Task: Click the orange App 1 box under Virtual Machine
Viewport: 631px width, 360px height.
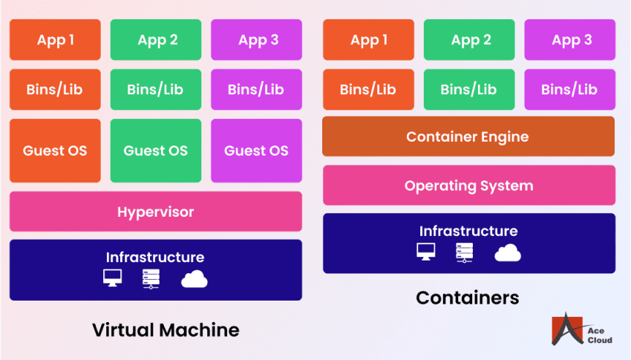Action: (x=55, y=40)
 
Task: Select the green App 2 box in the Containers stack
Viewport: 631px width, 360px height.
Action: (x=469, y=40)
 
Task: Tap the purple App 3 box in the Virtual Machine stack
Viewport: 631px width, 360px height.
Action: (x=256, y=40)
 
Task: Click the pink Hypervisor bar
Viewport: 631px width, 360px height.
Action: (x=155, y=212)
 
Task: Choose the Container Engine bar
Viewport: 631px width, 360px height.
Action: (x=468, y=137)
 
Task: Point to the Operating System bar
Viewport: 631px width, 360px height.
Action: (x=468, y=186)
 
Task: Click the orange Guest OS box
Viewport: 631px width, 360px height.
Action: (x=55, y=151)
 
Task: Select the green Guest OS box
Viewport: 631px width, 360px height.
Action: (x=156, y=151)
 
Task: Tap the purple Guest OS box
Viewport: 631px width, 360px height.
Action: (x=256, y=151)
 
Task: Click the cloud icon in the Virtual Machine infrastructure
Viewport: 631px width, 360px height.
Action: (x=194, y=279)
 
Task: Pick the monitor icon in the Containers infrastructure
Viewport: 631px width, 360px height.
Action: (x=426, y=252)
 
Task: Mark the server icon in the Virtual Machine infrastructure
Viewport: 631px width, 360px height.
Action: (x=151, y=279)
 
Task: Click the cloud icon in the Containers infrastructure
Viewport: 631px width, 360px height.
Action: (x=508, y=253)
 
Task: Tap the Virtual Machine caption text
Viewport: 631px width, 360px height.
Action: (x=166, y=330)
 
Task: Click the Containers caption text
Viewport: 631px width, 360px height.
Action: (x=467, y=298)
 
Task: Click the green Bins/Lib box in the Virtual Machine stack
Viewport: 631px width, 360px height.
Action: (x=156, y=90)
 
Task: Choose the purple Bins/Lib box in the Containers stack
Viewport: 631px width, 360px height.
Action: (x=569, y=90)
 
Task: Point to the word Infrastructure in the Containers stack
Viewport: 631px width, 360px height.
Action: (x=468, y=231)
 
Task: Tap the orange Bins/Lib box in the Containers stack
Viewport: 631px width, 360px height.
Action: (x=368, y=90)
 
